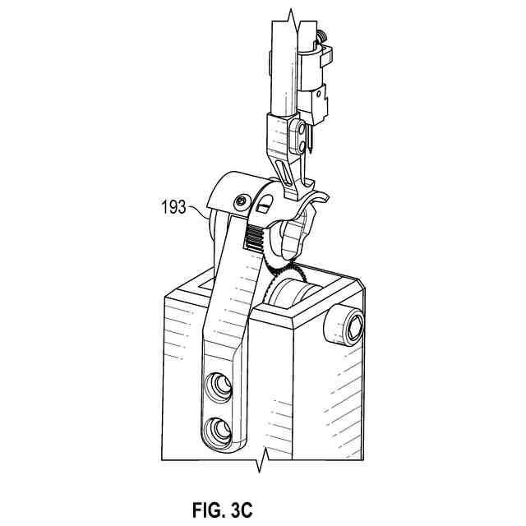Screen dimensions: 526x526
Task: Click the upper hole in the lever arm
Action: (220, 385)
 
